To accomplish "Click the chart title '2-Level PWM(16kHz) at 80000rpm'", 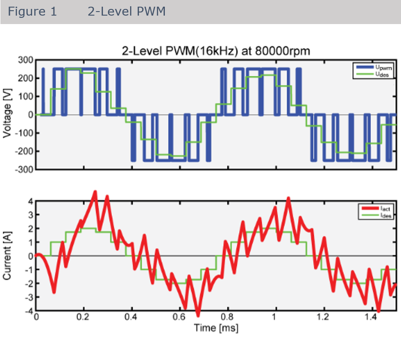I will coord(216,51).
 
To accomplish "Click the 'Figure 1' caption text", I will coord(33,12).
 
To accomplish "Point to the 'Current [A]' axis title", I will coord(8,256).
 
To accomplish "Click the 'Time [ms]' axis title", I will coord(216,328).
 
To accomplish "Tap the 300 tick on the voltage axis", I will coord(25,60).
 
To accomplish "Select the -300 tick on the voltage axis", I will coord(24,170).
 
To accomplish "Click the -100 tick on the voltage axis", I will coord(24,133).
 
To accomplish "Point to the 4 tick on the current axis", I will coord(31,201).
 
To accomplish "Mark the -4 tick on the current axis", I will coord(29,311).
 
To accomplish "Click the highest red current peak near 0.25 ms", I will coord(95,192).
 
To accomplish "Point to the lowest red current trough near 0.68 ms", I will coord(198,315).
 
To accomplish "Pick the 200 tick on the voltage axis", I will coord(25,78).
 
